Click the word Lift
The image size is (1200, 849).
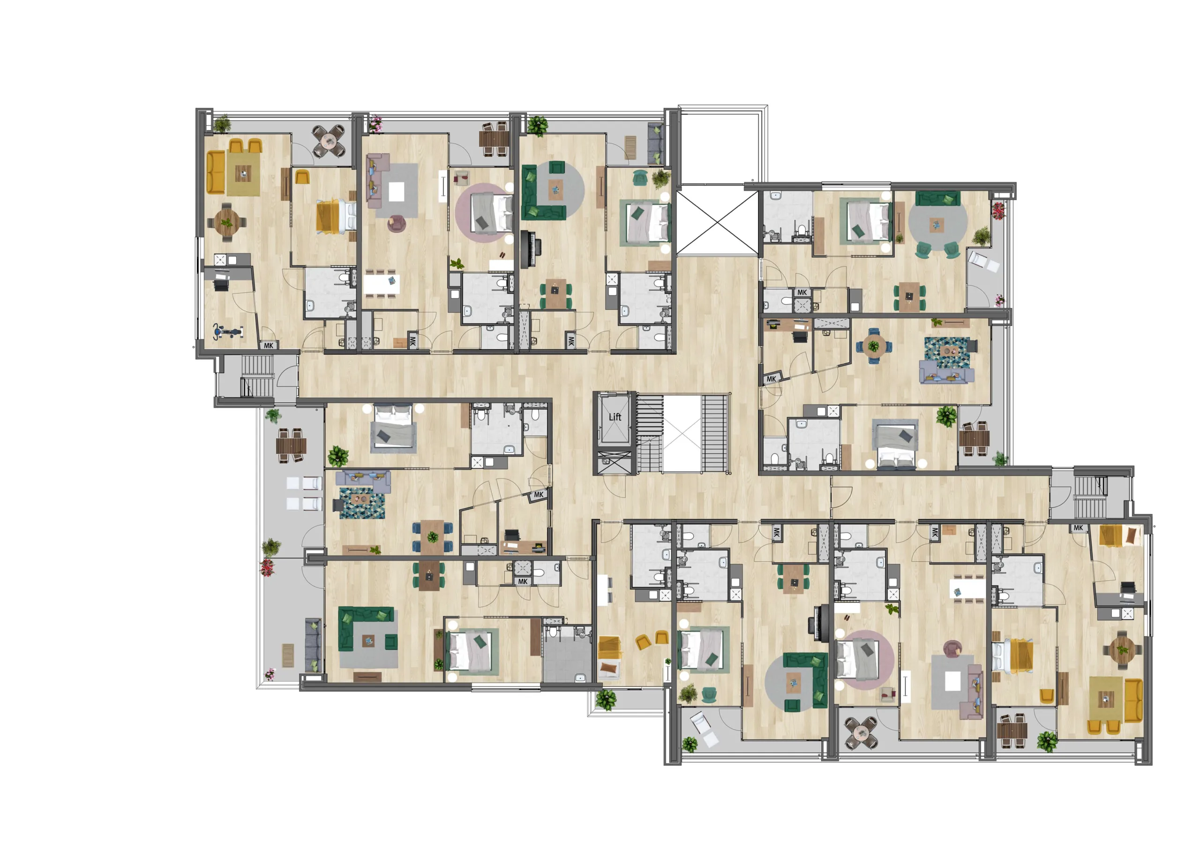tap(615, 417)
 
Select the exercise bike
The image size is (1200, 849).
tap(228, 331)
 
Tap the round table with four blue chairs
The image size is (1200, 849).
tap(873, 346)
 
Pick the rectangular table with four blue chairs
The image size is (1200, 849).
tap(432, 536)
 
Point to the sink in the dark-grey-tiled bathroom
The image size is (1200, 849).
tap(580, 678)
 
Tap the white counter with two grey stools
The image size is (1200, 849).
tap(604, 589)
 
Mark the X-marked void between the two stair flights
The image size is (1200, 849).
tap(682, 433)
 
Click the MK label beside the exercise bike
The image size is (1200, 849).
tap(269, 346)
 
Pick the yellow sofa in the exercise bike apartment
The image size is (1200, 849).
tap(215, 172)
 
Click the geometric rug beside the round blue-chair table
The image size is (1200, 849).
tap(946, 353)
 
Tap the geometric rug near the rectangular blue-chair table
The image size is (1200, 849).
tap(362, 503)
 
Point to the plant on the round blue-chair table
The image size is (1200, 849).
tap(873, 346)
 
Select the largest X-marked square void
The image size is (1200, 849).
tap(718, 223)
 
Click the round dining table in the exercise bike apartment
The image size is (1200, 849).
tap(226, 222)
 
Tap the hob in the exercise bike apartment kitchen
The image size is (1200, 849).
tap(220, 259)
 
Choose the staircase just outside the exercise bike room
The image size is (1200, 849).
tap(257, 376)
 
